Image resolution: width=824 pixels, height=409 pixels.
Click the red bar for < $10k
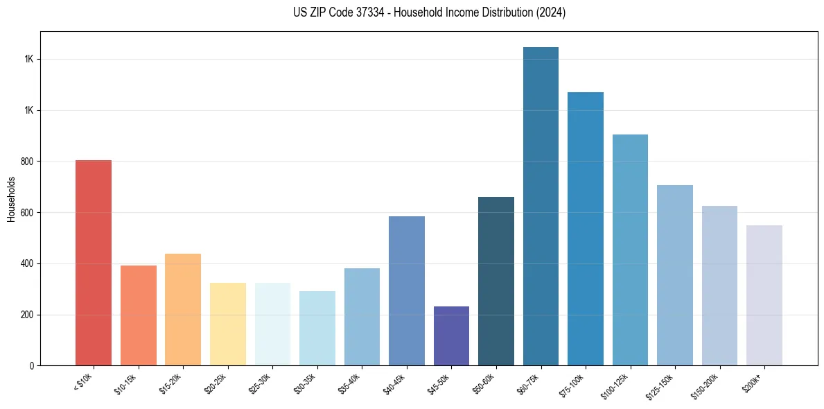click(94, 263)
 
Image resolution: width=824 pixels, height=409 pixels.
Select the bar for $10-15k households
click(138, 315)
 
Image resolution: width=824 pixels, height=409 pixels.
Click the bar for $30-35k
click(317, 329)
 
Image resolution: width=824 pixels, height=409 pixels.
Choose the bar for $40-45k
click(406, 291)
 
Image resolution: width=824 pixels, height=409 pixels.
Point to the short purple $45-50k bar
click(451, 336)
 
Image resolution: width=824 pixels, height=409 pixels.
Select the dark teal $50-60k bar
click(496, 281)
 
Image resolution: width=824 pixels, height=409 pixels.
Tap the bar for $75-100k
click(585, 229)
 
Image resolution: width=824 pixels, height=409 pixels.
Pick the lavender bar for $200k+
click(764, 295)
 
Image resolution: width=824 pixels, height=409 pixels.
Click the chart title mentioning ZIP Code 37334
click(429, 12)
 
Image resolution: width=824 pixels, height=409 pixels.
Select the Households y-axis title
click(11, 199)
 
